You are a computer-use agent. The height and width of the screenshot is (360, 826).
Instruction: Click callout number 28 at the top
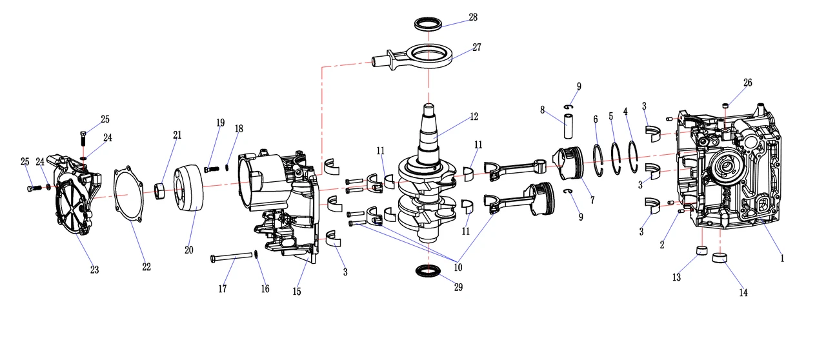pyautogui.click(x=473, y=17)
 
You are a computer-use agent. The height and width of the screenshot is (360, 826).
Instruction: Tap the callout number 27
pyautogui.click(x=477, y=47)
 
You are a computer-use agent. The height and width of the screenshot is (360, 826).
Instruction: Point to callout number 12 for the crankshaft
pyautogui.click(x=474, y=117)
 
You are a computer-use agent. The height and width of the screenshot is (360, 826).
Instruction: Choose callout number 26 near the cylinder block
pyautogui.click(x=747, y=83)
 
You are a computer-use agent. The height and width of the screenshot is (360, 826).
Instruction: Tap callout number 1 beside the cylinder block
pyautogui.click(x=782, y=258)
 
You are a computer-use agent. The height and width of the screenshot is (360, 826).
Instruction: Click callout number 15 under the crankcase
pyautogui.click(x=297, y=292)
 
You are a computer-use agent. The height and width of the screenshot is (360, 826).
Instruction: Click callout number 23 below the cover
pyautogui.click(x=94, y=270)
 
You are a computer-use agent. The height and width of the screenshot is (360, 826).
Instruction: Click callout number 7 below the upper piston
pyautogui.click(x=592, y=201)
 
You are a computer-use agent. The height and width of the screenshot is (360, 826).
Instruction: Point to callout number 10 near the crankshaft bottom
pyautogui.click(x=458, y=266)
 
